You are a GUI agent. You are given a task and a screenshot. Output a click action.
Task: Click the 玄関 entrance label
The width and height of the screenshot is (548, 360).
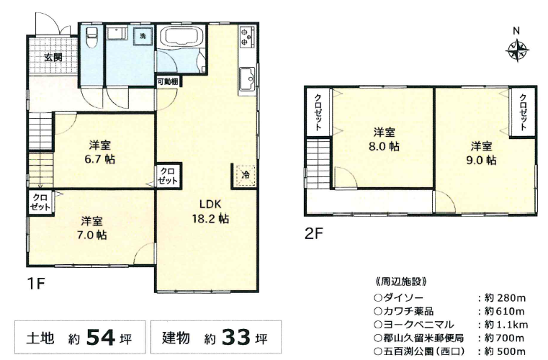click(53, 57)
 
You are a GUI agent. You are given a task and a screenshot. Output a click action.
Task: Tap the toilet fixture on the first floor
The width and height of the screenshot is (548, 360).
click(91, 37)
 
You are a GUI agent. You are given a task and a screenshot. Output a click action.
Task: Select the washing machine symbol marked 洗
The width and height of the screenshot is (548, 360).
click(143, 35)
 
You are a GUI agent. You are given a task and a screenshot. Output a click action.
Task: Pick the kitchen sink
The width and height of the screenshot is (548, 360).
click(248, 78)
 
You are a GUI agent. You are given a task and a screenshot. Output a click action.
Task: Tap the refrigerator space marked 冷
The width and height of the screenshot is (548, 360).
click(246, 174)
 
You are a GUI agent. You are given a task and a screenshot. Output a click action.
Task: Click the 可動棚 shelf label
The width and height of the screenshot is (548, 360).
click(168, 82)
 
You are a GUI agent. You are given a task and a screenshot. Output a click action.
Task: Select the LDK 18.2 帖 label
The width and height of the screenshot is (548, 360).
click(210, 212)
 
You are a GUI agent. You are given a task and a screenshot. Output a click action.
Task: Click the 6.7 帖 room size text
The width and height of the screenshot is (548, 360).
click(99, 159)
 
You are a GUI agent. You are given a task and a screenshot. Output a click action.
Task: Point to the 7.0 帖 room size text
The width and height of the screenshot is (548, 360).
click(91, 235)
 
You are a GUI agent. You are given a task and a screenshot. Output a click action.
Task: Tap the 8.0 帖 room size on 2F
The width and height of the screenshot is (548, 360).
click(384, 146)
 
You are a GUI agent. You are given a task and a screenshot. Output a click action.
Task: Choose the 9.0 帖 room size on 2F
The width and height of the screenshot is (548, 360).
click(481, 160)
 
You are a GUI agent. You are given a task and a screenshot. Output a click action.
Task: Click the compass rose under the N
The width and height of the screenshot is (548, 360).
click(516, 50)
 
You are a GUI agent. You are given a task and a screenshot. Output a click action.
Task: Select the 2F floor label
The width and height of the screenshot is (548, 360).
click(313, 233)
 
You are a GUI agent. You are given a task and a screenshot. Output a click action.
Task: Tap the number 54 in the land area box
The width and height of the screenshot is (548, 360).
click(101, 337)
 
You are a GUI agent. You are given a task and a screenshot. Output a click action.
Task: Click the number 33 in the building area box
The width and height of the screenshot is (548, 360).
click(236, 337)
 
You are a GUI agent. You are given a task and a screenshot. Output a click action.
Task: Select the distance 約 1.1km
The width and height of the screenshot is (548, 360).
click(506, 325)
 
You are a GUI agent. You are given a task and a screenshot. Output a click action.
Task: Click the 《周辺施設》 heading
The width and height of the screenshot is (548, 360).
click(400, 282)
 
